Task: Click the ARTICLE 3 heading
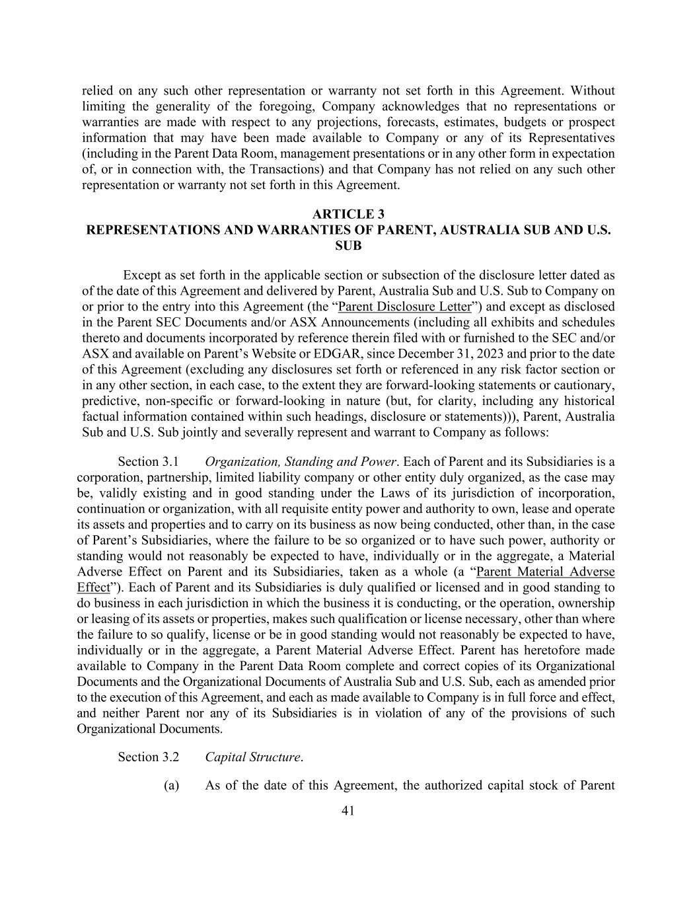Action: [x=348, y=214]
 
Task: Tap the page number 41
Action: [x=348, y=810]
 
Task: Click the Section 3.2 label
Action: [x=148, y=757]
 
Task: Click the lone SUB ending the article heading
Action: [x=348, y=245]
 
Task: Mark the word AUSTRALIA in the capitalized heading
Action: [x=455, y=230]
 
